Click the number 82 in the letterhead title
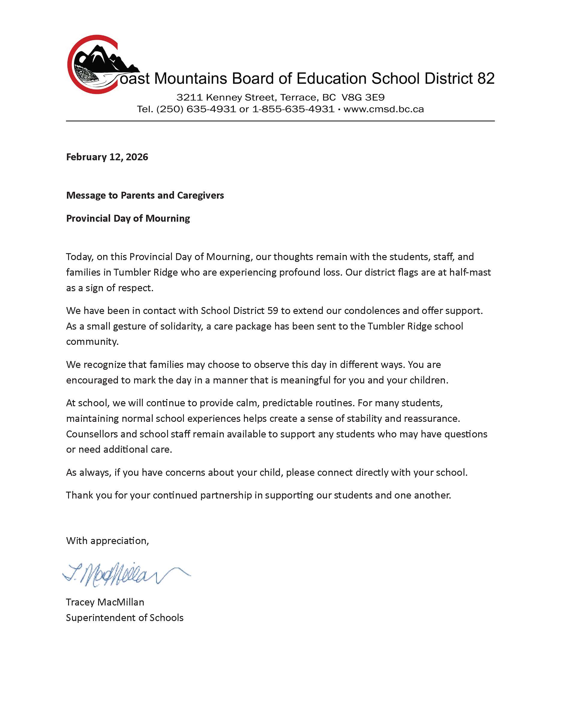tap(486, 79)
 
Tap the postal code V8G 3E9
tap(363, 98)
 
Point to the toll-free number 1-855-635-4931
tap(293, 109)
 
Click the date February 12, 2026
tap(107, 157)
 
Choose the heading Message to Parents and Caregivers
tap(145, 195)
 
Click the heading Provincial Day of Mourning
tap(128, 218)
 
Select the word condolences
tap(372, 311)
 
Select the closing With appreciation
tap(107, 541)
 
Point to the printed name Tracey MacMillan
tap(105, 602)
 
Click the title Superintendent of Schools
tap(124, 618)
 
